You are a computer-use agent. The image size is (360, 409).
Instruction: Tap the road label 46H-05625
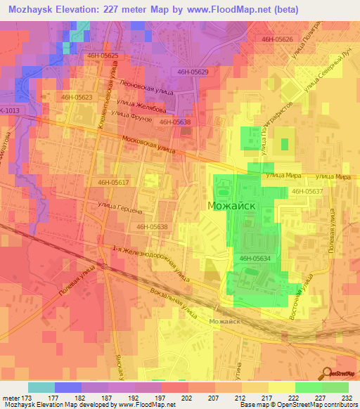coord(103,55)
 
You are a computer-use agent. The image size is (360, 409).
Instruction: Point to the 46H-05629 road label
coord(192,72)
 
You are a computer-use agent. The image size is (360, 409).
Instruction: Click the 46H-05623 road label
coord(77,98)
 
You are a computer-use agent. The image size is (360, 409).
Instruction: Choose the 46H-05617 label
coord(113,183)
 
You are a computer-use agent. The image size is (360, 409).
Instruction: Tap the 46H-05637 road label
coord(307,191)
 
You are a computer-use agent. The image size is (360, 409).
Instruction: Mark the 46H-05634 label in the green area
coord(255,259)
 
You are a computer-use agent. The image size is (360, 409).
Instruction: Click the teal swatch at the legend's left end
coord(41,387)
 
